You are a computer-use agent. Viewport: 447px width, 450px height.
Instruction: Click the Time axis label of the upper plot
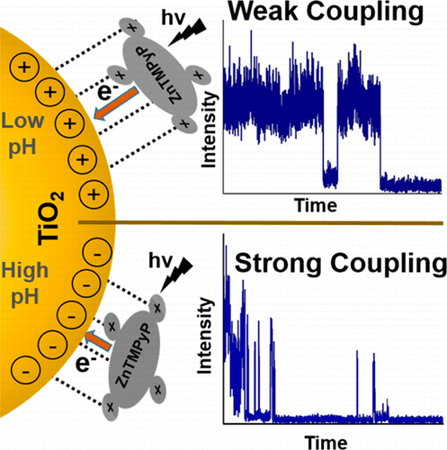coord(315,206)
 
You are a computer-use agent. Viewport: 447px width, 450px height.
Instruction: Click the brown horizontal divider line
coord(261,223)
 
